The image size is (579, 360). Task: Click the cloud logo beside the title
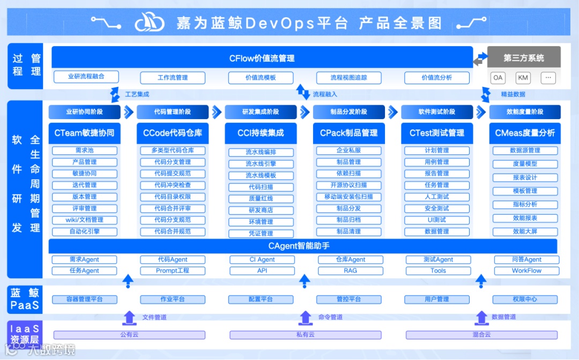pyautogui.click(x=150, y=23)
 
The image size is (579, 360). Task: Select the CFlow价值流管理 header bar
pyautogui.click(x=262, y=58)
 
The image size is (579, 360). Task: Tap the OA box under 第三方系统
pyautogui.click(x=498, y=78)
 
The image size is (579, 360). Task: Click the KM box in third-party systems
pyautogui.click(x=523, y=78)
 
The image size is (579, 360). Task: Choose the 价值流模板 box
pyautogui.click(x=261, y=78)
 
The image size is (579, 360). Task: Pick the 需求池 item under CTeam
pyautogui.click(x=84, y=151)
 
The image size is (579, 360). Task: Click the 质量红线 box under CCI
pyautogui.click(x=261, y=199)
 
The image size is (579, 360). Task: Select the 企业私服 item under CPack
pyautogui.click(x=348, y=151)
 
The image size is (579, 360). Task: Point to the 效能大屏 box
pyautogui.click(x=525, y=232)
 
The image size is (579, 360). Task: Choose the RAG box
pyautogui.click(x=350, y=271)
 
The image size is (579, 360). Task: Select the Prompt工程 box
pyautogui.click(x=173, y=271)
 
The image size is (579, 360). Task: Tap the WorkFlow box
pyautogui.click(x=526, y=271)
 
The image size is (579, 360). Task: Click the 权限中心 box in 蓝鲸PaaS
pyautogui.click(x=524, y=299)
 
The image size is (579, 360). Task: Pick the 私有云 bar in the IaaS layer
pyautogui.click(x=306, y=335)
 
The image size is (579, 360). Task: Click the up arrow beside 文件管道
pyautogui.click(x=129, y=318)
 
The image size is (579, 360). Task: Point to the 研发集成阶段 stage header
pyautogui.click(x=261, y=112)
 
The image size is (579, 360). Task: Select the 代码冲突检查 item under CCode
pyautogui.click(x=173, y=185)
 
